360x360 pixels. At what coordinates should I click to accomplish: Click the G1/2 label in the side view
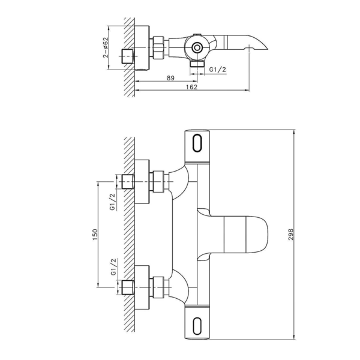pos(218,70)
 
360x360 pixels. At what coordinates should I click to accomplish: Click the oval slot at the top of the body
pos(199,144)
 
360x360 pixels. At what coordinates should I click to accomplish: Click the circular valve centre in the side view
pos(196,47)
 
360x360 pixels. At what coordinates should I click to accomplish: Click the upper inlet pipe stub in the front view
pos(127,181)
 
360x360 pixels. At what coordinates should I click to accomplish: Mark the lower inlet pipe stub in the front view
pos(127,286)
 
